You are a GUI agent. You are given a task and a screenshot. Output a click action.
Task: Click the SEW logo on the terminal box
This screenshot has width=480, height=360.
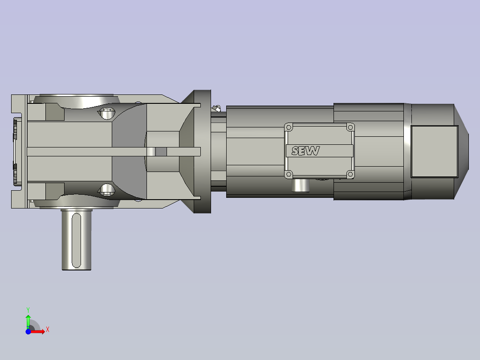(305, 151)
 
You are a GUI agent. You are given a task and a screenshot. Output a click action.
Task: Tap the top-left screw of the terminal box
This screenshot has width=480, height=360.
(289, 127)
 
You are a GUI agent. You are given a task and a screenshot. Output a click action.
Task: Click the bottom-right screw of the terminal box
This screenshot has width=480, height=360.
(350, 174)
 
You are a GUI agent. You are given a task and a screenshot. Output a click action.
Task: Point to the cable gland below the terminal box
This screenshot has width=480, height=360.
(301, 185)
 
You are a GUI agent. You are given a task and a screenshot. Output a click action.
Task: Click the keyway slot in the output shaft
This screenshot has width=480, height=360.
(76, 241)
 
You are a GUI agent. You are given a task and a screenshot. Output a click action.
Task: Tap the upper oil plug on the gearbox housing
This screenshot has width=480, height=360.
(106, 113)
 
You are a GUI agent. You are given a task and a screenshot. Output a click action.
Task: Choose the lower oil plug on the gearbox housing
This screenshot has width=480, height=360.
(106, 190)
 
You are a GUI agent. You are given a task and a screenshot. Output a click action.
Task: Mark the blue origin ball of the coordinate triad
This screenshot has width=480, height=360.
(28, 332)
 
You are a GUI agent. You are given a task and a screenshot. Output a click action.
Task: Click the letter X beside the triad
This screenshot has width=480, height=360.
(47, 330)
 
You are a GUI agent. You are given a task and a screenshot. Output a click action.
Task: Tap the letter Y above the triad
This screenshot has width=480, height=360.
(28, 309)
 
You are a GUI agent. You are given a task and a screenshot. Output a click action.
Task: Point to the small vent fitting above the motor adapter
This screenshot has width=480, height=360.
(217, 108)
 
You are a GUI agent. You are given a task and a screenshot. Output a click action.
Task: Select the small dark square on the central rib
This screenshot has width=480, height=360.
(161, 151)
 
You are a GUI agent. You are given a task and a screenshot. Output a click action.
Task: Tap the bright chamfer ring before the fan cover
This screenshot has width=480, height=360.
(407, 151)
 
